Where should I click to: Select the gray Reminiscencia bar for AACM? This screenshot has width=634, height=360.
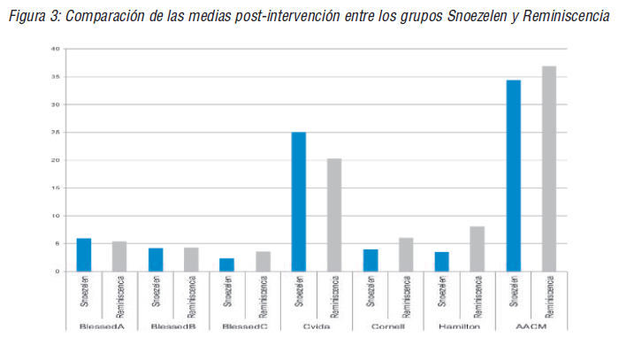point(549,168)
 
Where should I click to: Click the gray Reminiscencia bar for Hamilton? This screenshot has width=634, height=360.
point(477,249)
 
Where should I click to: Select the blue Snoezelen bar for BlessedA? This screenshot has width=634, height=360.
point(84,255)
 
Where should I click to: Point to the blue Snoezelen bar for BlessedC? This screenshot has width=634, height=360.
point(227,264)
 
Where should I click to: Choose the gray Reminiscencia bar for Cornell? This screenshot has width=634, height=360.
point(406,254)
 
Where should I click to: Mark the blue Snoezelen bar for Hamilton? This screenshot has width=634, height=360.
point(442,261)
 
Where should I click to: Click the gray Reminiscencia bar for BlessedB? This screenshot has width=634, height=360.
point(191,259)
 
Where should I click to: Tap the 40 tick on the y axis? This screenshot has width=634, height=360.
point(55,50)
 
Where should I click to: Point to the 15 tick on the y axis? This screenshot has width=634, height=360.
point(55,188)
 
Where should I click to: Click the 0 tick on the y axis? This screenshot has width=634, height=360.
point(57,271)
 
